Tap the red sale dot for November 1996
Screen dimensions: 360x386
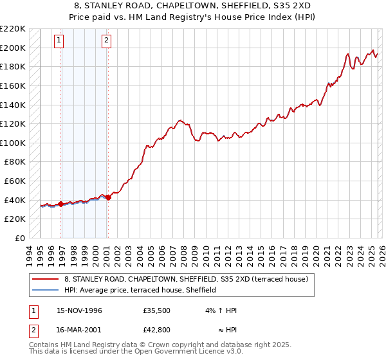(61, 204)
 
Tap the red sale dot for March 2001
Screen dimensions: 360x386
(108, 197)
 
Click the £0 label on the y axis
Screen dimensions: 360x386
(21, 238)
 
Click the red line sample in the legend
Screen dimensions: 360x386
(45, 280)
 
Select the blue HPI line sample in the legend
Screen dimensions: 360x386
(45, 290)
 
